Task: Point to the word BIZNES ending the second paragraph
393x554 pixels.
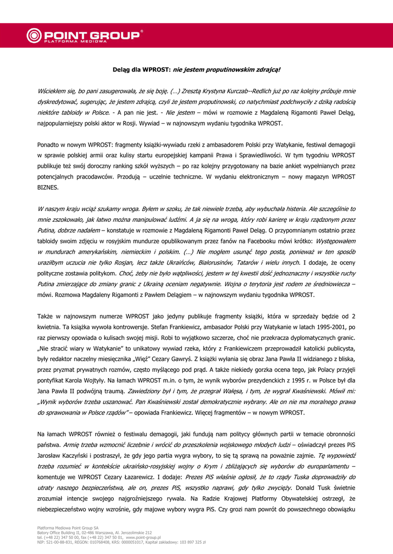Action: (48, 187)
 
